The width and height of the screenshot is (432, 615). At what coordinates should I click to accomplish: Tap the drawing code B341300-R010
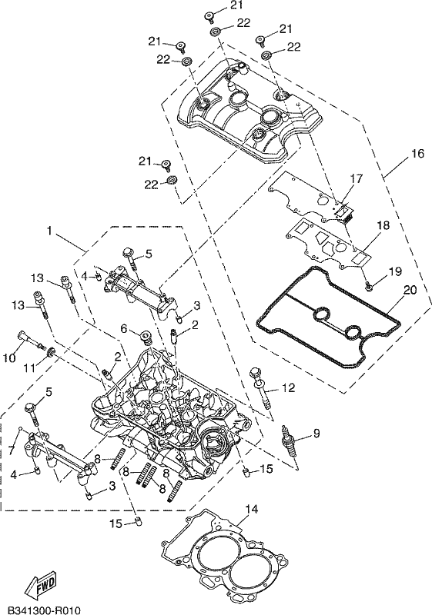(44, 610)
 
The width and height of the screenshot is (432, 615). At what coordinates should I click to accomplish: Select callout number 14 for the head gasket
(252, 510)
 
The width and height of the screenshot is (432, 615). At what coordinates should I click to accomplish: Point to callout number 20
(410, 290)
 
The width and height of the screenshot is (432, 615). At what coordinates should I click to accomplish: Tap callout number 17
(357, 179)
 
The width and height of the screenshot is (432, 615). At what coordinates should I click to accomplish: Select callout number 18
(383, 225)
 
